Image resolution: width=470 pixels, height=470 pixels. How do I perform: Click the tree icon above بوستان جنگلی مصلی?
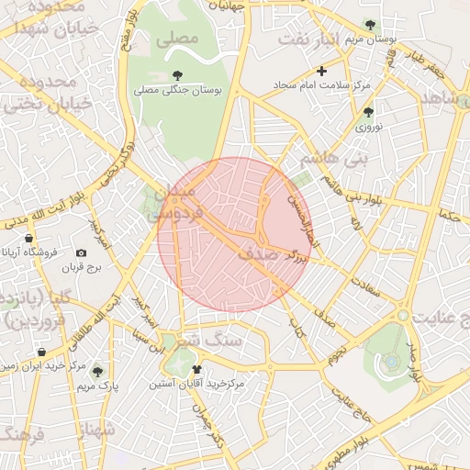[176, 74]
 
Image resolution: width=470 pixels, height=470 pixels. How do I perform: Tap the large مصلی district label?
[178, 39]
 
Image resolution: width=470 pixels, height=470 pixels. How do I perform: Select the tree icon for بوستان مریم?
[370, 25]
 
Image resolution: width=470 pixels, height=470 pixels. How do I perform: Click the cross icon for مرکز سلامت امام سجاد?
[321, 71]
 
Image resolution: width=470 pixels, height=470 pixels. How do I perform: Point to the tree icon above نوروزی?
[368, 113]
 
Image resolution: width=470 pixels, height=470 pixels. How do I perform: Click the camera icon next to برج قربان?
[82, 252]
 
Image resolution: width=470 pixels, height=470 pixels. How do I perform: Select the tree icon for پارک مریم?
[97, 372]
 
